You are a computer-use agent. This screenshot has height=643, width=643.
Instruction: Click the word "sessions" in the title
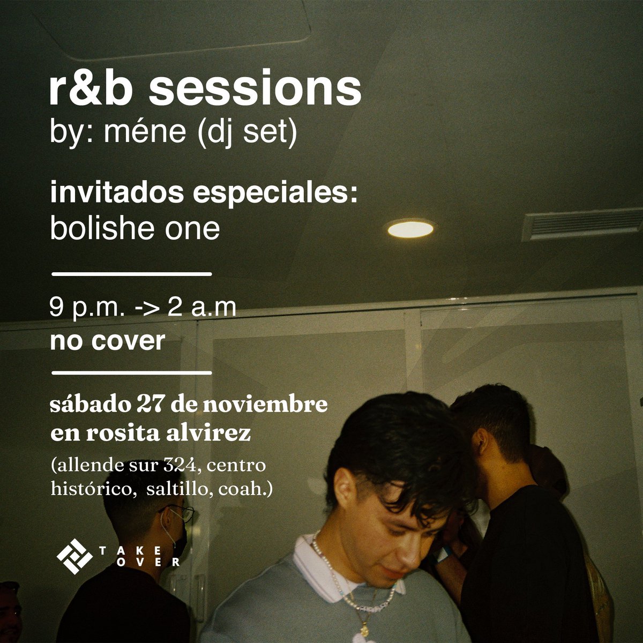tap(255, 89)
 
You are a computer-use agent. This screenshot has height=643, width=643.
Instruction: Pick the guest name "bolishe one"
tap(134, 228)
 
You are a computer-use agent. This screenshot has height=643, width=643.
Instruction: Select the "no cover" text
tap(107, 341)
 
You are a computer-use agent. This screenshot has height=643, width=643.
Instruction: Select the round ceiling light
tap(410, 229)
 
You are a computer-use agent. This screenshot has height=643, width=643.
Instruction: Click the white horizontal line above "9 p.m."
tap(131, 274)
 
